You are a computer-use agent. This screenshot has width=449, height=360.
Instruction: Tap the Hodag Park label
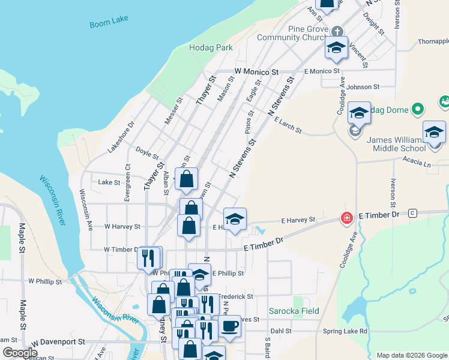211,47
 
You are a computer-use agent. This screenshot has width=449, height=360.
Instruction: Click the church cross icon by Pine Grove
337,30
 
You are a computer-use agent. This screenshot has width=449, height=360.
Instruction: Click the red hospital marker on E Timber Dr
346,217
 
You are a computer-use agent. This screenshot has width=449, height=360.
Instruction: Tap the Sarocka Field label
294,311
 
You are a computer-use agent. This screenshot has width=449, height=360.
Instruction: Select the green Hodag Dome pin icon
419,109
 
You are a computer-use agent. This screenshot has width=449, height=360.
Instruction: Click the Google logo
20,353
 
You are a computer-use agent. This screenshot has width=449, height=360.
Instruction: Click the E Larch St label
288,125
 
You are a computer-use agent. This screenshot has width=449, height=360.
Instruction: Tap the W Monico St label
257,71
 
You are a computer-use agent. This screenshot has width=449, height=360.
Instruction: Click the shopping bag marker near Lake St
187,178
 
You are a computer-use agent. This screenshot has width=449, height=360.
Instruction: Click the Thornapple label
433,42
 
